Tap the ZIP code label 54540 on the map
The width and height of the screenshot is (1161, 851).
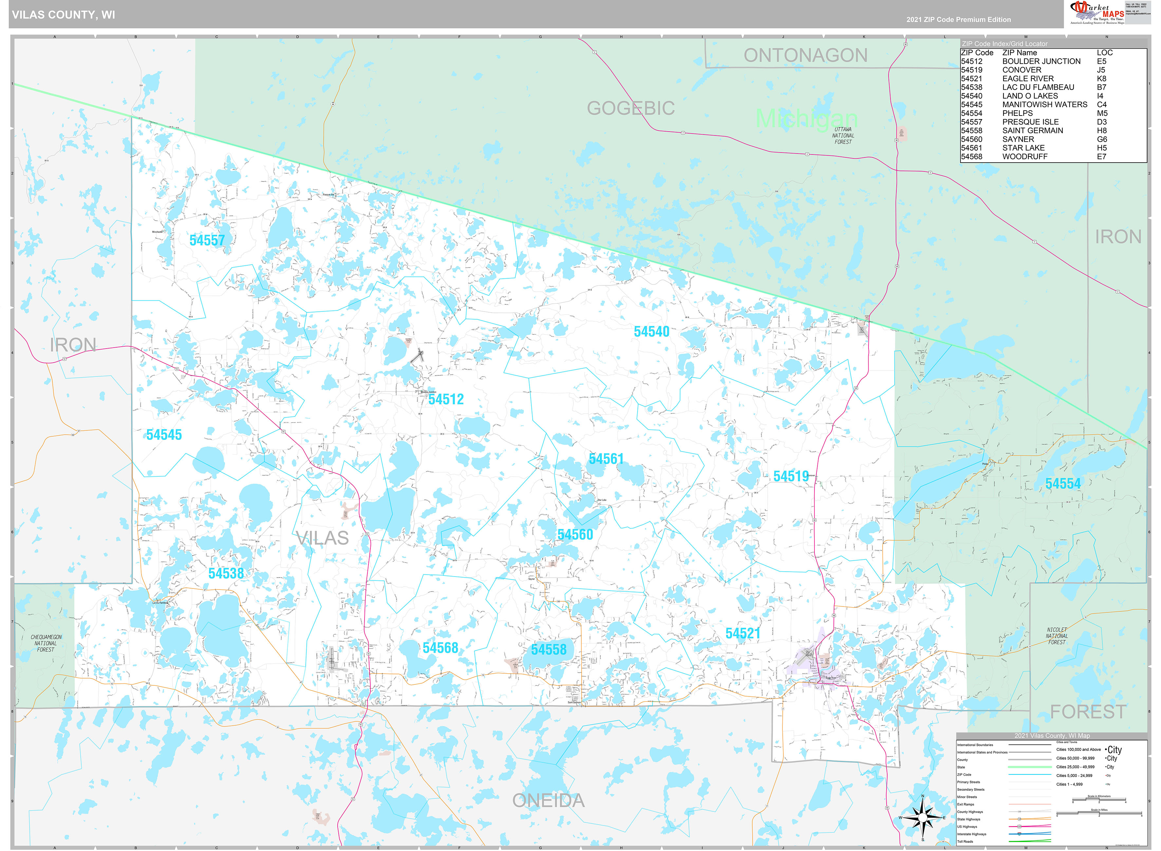651,332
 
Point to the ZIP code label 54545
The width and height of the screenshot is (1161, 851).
164,435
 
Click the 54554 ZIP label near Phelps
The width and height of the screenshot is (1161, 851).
1062,484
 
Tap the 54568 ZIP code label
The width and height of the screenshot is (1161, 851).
440,648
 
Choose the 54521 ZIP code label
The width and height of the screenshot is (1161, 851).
742,634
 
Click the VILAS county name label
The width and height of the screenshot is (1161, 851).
323,538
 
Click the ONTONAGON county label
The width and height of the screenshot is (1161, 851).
805,55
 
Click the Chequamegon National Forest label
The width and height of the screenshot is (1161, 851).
46,643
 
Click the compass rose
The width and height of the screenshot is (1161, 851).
922,818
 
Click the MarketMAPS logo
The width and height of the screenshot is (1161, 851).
1096,12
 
